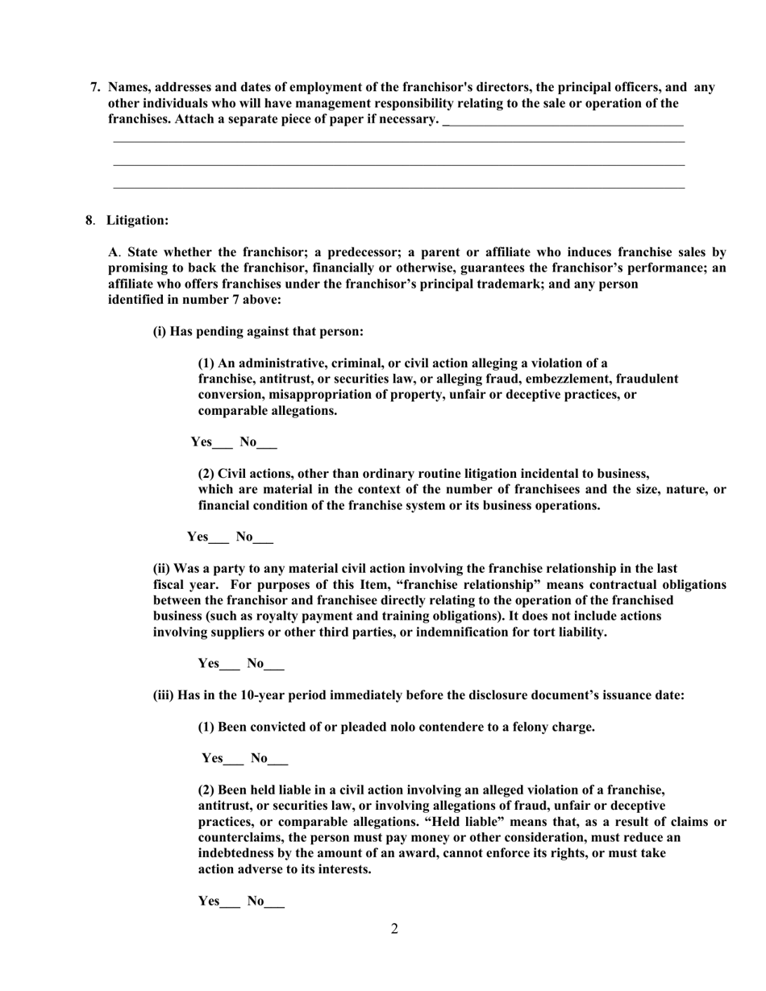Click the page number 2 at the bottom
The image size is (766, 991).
click(x=394, y=929)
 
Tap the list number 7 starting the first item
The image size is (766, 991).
click(x=94, y=87)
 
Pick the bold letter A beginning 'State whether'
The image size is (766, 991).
click(x=113, y=252)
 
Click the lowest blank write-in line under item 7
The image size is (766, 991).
click(x=398, y=189)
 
